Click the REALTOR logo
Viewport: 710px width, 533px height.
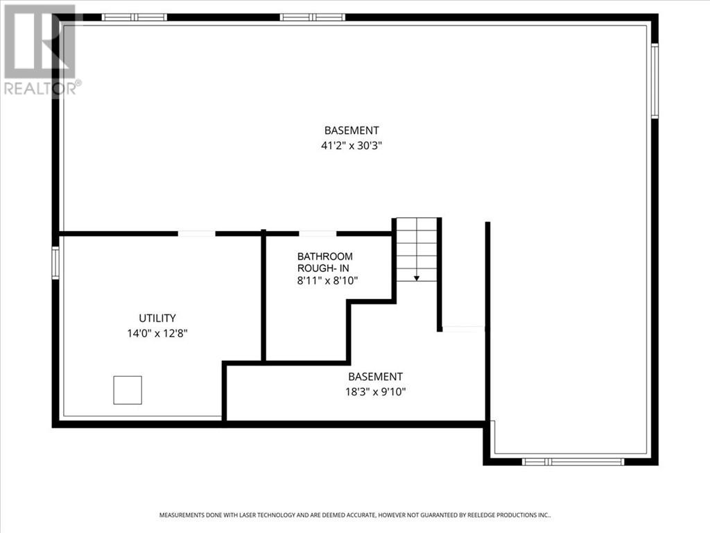[40, 49]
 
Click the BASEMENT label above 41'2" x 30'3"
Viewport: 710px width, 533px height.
[352, 130]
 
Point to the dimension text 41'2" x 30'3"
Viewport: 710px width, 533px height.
[352, 146]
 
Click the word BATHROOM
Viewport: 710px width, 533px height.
[325, 256]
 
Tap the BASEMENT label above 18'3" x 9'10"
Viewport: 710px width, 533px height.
[375, 377]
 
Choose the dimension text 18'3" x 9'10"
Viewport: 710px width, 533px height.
[375, 392]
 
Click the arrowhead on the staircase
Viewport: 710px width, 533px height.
[417, 278]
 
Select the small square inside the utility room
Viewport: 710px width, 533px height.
[128, 390]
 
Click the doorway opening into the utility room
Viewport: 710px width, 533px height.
[196, 234]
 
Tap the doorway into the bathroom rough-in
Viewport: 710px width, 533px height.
[318, 234]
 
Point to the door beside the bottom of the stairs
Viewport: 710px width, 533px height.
[462, 328]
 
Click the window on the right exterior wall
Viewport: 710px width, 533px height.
[654, 81]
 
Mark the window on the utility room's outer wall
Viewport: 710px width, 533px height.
[55, 263]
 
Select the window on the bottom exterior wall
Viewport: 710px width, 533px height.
[573, 462]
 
